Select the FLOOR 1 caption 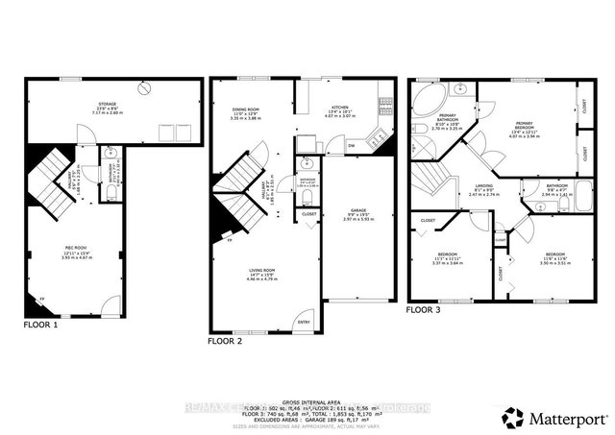click(41, 326)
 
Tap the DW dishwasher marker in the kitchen click(352, 145)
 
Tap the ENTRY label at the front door click(304, 323)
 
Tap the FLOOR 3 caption click(424, 310)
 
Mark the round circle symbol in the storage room click(144, 87)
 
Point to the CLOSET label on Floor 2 click(309, 213)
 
